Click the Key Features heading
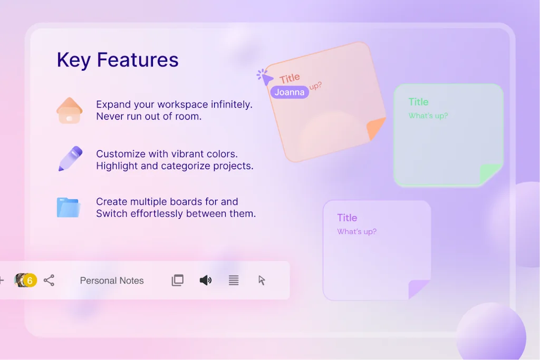click(118, 60)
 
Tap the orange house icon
click(70, 111)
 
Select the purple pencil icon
click(70, 159)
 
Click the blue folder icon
click(68, 208)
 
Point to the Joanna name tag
click(290, 92)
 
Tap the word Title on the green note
click(418, 102)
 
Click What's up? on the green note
click(428, 115)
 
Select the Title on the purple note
click(347, 218)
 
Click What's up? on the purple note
click(356, 231)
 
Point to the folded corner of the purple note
click(418, 289)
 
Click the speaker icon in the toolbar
click(205, 280)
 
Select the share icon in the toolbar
click(49, 280)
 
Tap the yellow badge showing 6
click(30, 280)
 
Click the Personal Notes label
click(112, 280)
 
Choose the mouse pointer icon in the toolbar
click(262, 280)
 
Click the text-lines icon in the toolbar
click(234, 280)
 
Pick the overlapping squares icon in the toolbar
click(178, 280)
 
